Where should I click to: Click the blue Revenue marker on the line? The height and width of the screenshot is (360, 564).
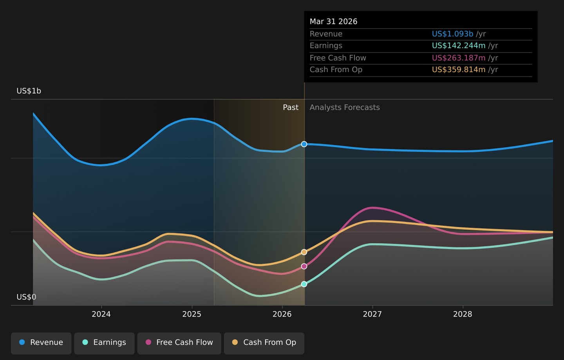[x=304, y=144]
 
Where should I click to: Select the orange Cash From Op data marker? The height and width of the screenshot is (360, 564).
[x=304, y=252]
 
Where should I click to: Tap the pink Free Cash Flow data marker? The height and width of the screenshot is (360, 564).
[x=304, y=266]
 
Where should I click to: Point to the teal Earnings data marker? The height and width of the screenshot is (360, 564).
[x=304, y=284]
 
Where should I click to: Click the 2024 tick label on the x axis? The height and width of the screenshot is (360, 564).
[x=101, y=314]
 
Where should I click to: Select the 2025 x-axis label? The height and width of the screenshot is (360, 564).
[x=192, y=314]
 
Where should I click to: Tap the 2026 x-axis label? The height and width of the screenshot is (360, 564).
[x=282, y=314]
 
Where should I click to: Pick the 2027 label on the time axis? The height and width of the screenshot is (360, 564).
[x=372, y=314]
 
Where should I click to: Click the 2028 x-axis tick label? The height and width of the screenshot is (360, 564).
[x=463, y=314]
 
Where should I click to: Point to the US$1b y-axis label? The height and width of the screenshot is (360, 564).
[x=29, y=91]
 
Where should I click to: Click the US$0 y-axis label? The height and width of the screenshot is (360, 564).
[x=27, y=297]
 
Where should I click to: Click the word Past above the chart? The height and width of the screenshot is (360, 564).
[x=291, y=107]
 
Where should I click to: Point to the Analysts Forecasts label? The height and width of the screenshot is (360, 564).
[x=345, y=107]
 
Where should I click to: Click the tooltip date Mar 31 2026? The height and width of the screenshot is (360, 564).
[x=333, y=22]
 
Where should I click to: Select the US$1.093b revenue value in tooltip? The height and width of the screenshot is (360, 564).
[x=453, y=34]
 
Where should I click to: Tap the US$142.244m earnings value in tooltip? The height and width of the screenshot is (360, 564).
[x=459, y=45]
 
